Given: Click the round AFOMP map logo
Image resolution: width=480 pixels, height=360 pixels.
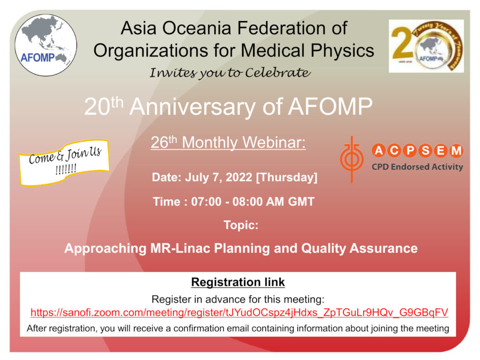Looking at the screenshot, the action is [46, 45].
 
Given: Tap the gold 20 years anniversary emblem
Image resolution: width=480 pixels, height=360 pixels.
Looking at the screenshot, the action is [426, 46].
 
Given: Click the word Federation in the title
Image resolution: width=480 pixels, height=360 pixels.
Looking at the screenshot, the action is [278, 28].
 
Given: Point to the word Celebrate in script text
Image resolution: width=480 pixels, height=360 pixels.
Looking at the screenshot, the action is [277, 73].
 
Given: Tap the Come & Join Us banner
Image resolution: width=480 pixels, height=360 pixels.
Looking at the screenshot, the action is [64, 162].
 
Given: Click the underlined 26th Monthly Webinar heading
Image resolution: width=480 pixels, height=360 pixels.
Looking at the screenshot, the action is [228, 142].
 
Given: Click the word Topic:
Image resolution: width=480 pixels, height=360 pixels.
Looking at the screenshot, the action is [241, 225].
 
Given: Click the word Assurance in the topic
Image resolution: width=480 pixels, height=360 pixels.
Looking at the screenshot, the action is [383, 248].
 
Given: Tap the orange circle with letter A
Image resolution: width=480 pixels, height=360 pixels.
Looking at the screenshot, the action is [379, 150].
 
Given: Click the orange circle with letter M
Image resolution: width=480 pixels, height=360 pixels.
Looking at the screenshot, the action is [456, 150].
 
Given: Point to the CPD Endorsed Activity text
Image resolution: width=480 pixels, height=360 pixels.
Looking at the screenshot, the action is [417, 167].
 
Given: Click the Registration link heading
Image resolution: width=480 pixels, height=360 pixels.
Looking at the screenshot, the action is [238, 282].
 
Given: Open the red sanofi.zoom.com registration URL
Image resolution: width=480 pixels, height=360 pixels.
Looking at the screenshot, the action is [240, 313].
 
